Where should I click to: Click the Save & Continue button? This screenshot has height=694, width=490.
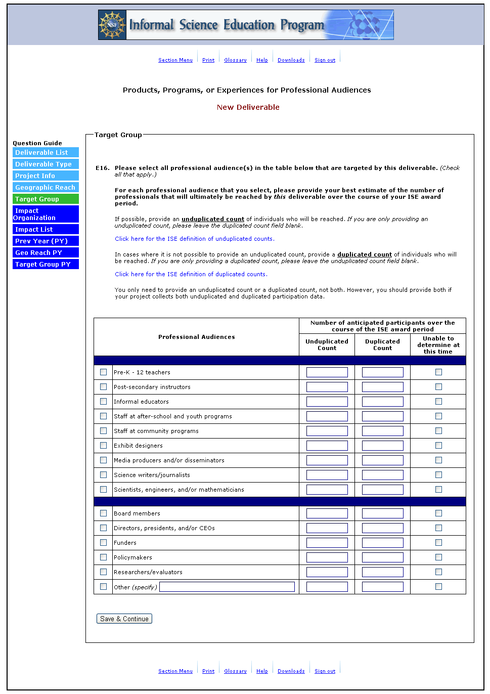tap(124, 619)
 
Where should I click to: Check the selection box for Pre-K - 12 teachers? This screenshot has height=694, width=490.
tap(104, 372)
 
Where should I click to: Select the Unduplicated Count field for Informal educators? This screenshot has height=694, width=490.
tap(327, 402)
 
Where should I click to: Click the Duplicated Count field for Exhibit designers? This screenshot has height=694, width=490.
tap(382, 446)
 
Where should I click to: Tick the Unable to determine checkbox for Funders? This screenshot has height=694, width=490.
tap(438, 543)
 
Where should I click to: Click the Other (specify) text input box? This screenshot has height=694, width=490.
tap(227, 587)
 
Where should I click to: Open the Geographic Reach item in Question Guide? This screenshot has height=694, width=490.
tap(46, 188)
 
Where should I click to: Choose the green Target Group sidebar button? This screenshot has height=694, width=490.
tap(46, 199)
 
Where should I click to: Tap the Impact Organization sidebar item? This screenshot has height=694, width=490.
tap(46, 214)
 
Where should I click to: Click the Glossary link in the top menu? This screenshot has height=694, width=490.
tap(235, 60)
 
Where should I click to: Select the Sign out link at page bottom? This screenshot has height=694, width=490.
tap(325, 671)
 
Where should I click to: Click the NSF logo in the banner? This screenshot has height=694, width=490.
tap(112, 25)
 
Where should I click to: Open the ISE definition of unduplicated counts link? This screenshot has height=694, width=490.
tap(194, 239)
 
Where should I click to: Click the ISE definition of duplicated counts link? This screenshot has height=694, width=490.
tap(191, 274)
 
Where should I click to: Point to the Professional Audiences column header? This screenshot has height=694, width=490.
tap(196, 337)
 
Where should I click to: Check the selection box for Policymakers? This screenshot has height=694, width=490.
tap(104, 557)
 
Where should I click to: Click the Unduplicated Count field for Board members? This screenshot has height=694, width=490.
tap(327, 513)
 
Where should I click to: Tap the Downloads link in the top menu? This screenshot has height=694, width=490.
tap(291, 60)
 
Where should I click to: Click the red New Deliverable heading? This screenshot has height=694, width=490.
tap(248, 107)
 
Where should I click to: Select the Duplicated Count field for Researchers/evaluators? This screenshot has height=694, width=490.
tap(382, 572)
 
